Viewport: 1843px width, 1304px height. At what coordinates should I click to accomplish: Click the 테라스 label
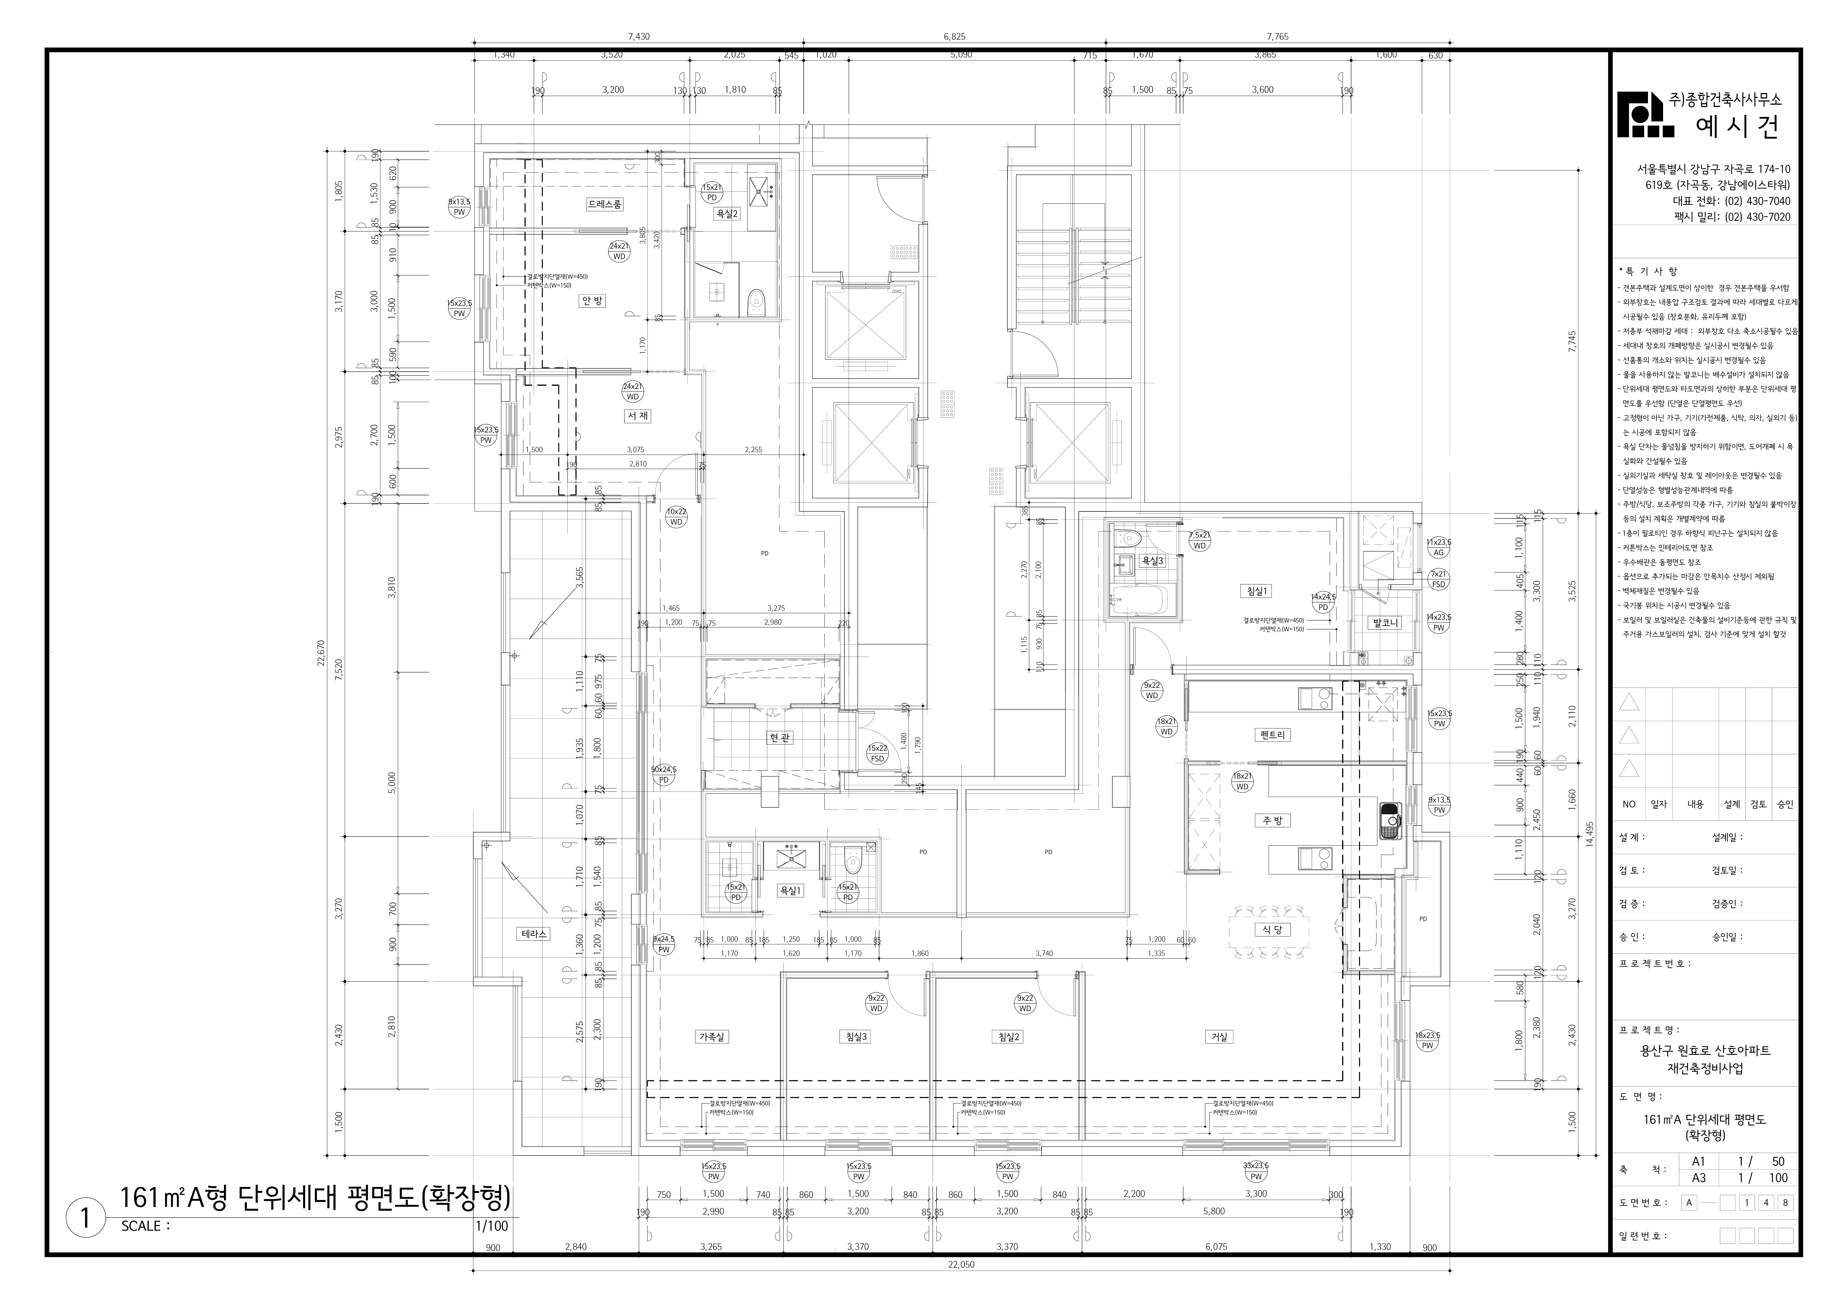tap(534, 934)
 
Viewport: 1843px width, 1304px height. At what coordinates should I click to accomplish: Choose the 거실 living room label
tap(1219, 1037)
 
